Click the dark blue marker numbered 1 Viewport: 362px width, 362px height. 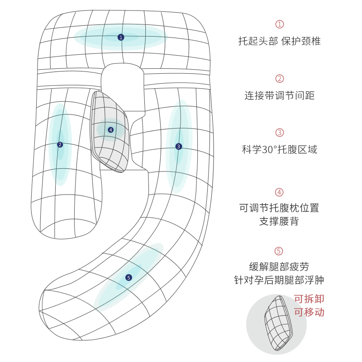pos(121,37)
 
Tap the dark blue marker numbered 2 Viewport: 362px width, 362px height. pos(60,145)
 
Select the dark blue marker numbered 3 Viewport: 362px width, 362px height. pos(179,146)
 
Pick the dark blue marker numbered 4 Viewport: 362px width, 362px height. pos(111,130)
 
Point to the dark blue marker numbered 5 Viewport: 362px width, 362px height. pos(129,277)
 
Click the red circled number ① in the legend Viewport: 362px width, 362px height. pos(280,24)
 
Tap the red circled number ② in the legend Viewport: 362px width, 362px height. pos(280,79)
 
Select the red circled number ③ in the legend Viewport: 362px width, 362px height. pos(280,133)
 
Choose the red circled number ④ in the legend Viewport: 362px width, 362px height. pos(280,192)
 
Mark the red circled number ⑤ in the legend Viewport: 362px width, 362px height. pos(279,251)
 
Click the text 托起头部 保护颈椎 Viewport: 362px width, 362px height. pos(280,41)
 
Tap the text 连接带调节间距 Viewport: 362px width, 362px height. pos(280,95)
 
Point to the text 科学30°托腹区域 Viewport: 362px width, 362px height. pos(280,150)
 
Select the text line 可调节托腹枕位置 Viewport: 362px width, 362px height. pos(280,208)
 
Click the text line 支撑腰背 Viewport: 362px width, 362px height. pos(280,222)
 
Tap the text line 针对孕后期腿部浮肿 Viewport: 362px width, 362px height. pos(280,281)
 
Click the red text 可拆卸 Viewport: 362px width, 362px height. pos(309,299)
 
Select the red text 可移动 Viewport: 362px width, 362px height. pos(309,312)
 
